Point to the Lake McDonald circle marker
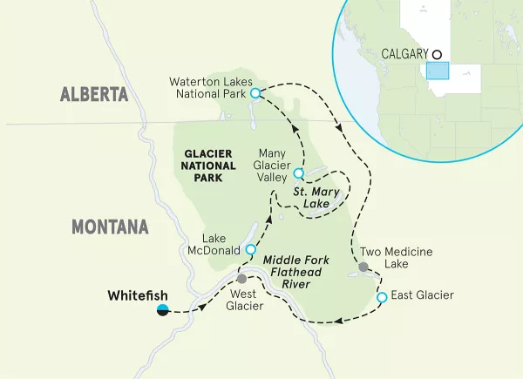point(251,249)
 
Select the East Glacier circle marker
point(381,298)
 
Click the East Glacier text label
point(422,296)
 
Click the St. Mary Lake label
point(311,197)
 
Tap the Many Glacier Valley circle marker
point(298,173)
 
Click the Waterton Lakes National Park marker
point(255,92)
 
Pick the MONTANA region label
point(109,227)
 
